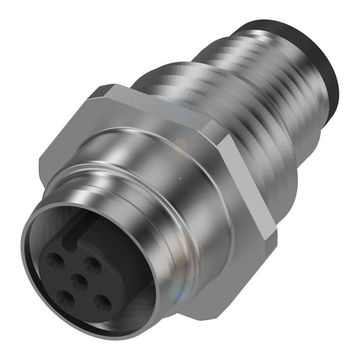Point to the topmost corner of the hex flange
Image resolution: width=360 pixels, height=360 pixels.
108,86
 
